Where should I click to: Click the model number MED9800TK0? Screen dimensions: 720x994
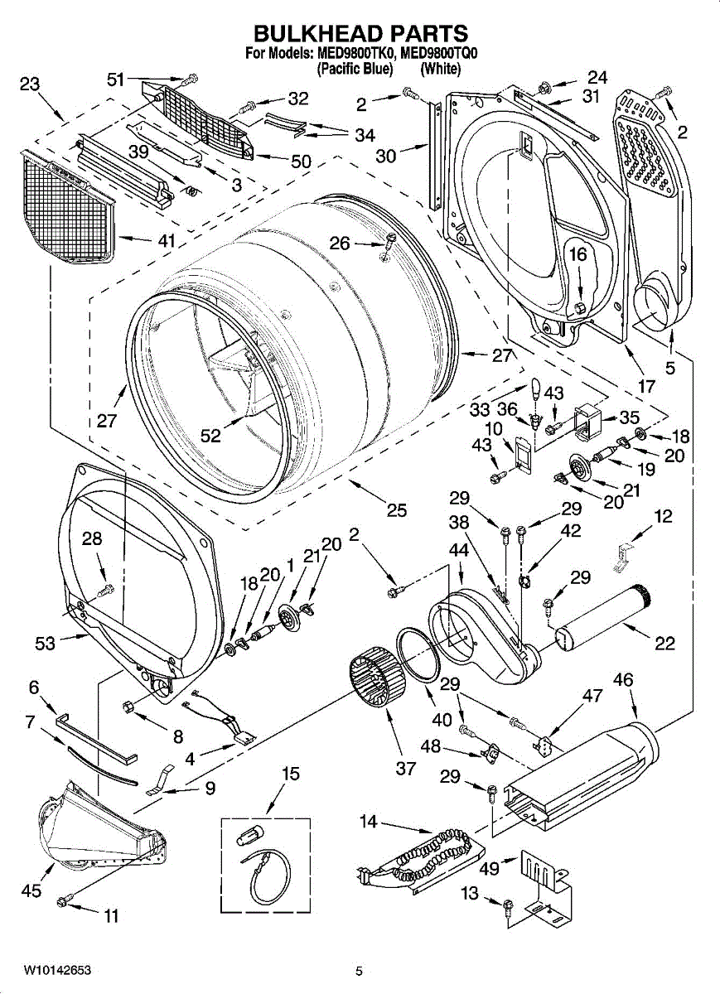click(355, 54)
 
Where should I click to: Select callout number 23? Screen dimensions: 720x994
click(30, 84)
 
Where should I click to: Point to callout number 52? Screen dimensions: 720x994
click(210, 436)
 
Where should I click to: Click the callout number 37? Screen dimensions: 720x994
click(405, 768)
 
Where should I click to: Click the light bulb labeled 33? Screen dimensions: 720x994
click(536, 388)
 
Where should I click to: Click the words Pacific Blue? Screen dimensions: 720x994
click(355, 69)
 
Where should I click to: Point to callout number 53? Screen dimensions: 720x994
click(45, 643)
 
